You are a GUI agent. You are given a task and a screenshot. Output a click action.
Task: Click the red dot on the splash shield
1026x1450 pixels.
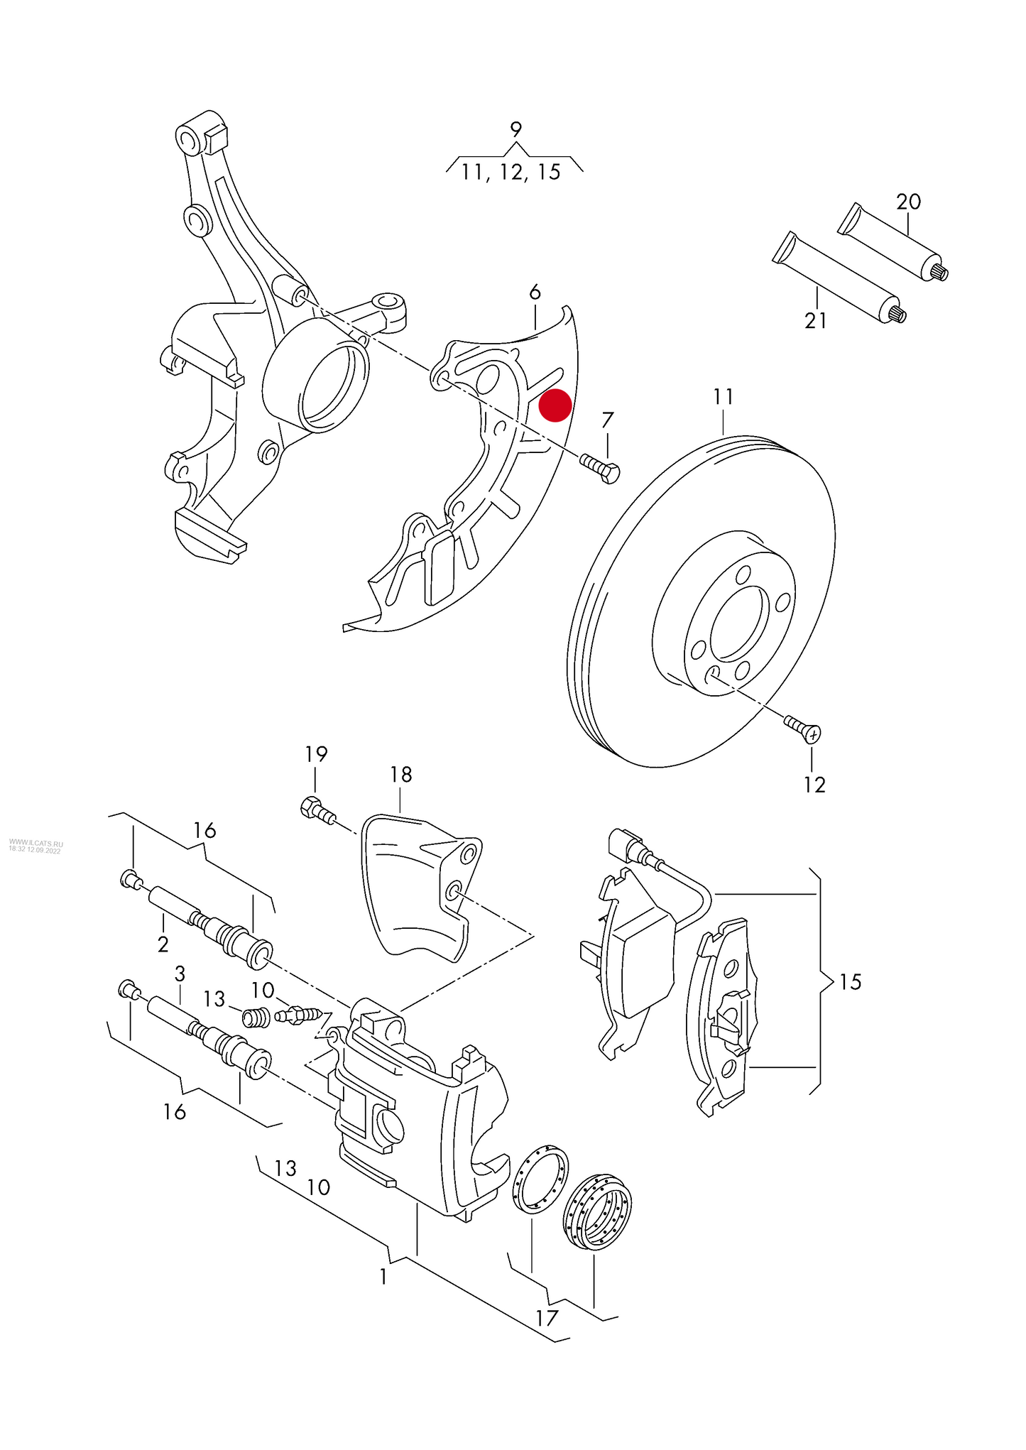555,405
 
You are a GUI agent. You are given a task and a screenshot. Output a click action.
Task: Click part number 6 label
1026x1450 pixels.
535,292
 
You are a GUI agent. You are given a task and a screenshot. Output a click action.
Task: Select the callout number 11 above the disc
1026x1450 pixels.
723,396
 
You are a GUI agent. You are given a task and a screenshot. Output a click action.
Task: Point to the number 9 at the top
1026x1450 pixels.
516,130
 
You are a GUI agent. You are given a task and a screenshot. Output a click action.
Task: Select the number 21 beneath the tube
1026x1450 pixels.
816,321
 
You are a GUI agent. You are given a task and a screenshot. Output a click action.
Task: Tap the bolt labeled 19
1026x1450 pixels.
317,810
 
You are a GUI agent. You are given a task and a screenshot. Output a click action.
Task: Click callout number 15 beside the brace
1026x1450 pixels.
850,982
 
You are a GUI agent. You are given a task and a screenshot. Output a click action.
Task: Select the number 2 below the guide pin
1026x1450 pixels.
163,944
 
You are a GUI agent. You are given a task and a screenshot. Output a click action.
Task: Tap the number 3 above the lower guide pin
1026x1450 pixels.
180,973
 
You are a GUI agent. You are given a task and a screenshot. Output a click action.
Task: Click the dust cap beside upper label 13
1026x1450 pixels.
254,1018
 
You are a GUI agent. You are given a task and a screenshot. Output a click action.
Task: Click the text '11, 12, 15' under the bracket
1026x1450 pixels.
511,172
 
